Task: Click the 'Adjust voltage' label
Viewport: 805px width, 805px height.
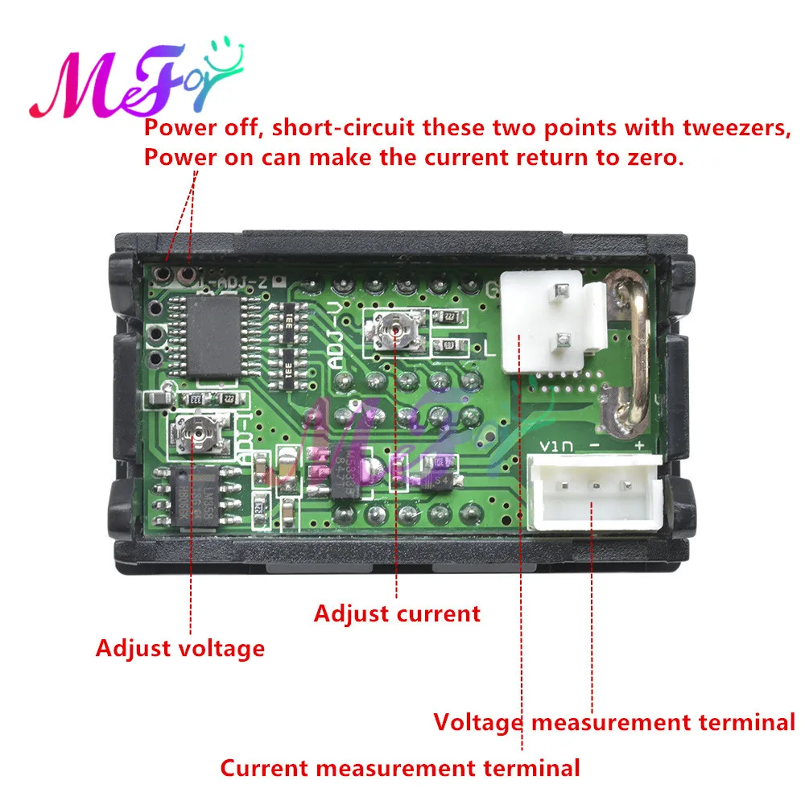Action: pyautogui.click(x=180, y=647)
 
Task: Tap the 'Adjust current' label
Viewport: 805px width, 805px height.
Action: pyautogui.click(x=396, y=613)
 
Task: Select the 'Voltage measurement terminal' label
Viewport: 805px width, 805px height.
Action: pyautogui.click(x=614, y=722)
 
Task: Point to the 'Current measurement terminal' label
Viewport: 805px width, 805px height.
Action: pyautogui.click(x=400, y=767)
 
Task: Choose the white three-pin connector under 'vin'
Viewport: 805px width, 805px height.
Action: pyautogui.click(x=593, y=489)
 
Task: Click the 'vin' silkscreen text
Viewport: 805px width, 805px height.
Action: pyautogui.click(x=552, y=446)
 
